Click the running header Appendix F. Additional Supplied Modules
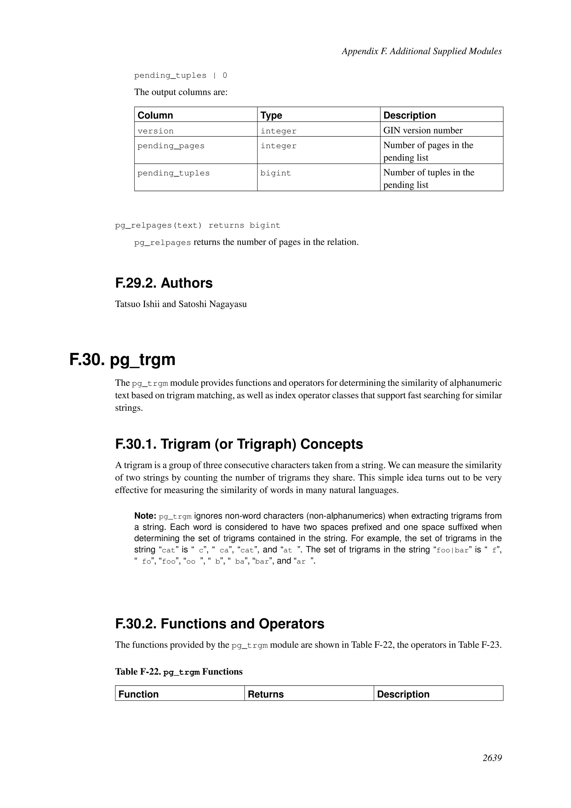pyautogui.click(x=421, y=51)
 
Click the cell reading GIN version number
pyautogui.click(x=423, y=131)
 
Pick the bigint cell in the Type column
pyautogui.click(x=276, y=173)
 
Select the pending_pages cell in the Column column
pyautogui.click(x=171, y=146)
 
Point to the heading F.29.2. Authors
pyautogui.click(x=164, y=283)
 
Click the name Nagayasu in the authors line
pyautogui.click(x=228, y=304)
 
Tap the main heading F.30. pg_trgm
pyautogui.click(x=122, y=359)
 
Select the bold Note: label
pyautogui.click(x=145, y=516)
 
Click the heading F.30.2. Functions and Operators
pyautogui.click(x=219, y=624)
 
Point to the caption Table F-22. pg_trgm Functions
pyautogui.click(x=179, y=672)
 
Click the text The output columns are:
pyautogui.click(x=181, y=92)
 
